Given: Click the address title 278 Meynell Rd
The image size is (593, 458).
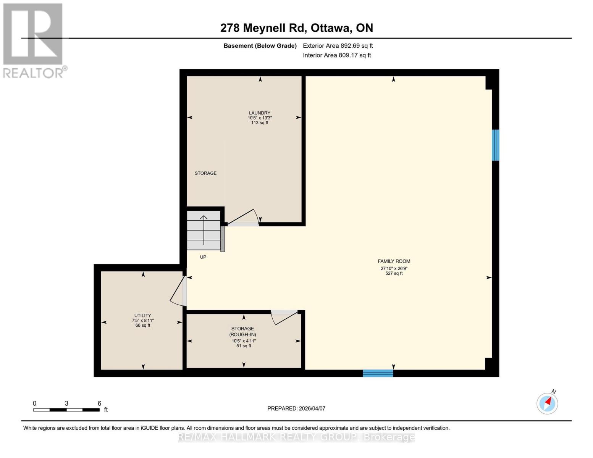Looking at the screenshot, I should pos(296,28).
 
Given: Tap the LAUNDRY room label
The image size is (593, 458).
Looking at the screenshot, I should pos(260,113).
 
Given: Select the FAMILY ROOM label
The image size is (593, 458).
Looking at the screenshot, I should pos(394,261).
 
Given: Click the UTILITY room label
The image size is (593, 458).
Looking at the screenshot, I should pos(142,316).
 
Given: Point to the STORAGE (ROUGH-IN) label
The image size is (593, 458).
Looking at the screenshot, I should pos(243,331).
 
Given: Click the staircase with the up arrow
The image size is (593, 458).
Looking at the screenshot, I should pos(204,230).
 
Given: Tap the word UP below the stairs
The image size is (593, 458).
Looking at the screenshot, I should pos(203,257).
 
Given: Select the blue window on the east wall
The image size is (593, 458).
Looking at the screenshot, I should pos(495,145).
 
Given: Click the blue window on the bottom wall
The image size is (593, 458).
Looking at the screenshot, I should pos(378,373).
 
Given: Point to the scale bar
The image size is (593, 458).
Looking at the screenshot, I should pos(66,410).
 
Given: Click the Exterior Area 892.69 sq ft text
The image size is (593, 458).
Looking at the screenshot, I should pos(338,46).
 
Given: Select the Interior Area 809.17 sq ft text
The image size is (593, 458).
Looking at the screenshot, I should pos(337,55).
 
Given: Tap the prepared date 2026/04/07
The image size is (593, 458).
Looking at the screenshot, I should pos(296,408).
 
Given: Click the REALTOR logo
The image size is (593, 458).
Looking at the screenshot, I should pos(34,40).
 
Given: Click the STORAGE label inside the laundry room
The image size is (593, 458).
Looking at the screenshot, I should pos(205,173).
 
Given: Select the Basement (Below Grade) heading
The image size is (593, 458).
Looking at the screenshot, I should pos(260,46).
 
